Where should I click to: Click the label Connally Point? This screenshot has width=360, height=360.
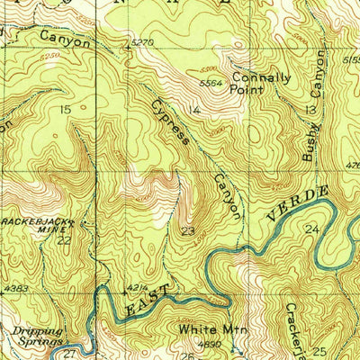point(261,84)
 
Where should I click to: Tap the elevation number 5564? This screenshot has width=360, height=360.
point(211,83)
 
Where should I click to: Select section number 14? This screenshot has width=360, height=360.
point(195,110)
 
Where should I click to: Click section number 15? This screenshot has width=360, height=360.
point(64,109)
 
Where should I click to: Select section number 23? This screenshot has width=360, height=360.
point(188,231)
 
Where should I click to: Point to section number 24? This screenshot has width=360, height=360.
point(312,230)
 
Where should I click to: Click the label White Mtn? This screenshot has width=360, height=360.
point(207,330)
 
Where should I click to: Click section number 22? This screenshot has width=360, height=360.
point(64,240)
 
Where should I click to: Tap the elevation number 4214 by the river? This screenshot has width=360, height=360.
point(137,288)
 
